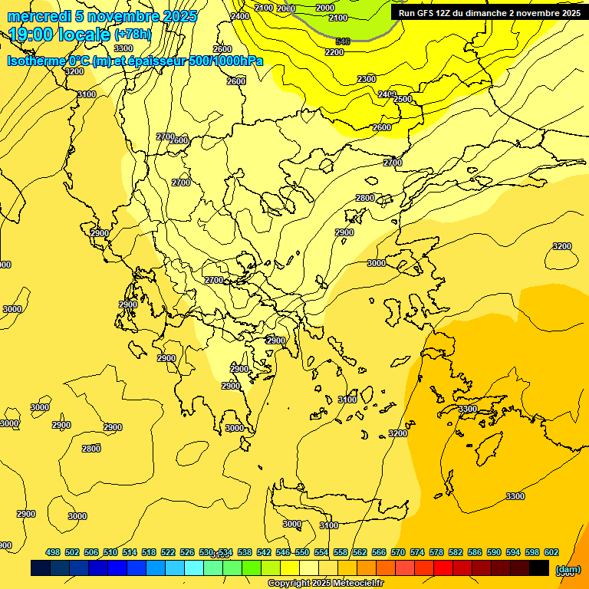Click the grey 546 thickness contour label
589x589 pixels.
pos(343,41)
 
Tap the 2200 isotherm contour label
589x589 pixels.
pos(334,52)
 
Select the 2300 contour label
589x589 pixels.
pos(367,79)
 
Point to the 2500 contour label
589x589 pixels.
pos(403,99)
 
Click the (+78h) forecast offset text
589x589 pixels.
pos(133,35)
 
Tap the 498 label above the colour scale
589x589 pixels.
pos(53,552)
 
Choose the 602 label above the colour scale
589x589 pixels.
pos(551,552)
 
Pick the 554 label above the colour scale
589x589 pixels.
pos(321,552)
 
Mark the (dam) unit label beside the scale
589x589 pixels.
pos(568,569)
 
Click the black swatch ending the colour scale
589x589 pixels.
pos(539,568)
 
